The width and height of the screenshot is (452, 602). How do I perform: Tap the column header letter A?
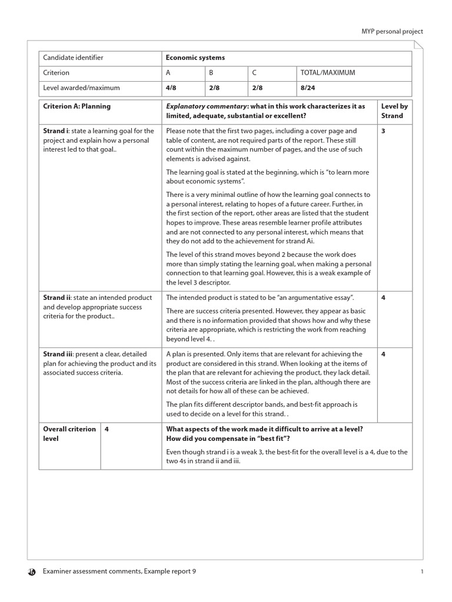[168, 73]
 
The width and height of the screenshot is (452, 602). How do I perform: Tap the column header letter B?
[211, 73]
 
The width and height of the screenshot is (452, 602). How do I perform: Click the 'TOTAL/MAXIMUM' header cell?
[327, 73]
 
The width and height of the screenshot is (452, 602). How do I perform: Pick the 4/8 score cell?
[171, 88]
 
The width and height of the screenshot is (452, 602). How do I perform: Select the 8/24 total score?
[306, 88]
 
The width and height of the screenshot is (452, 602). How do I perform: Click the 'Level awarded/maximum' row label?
[81, 88]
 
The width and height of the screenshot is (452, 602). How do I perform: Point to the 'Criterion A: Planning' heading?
[77, 106]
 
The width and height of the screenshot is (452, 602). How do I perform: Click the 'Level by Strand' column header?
[394, 111]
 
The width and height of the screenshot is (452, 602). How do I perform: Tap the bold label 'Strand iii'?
[58, 354]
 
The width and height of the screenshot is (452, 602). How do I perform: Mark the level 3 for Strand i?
[383, 131]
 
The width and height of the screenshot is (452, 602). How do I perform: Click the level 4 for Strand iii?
[383, 354]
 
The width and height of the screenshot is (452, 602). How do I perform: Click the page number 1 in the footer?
[423, 571]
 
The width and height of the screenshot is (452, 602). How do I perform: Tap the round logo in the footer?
[32, 571]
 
